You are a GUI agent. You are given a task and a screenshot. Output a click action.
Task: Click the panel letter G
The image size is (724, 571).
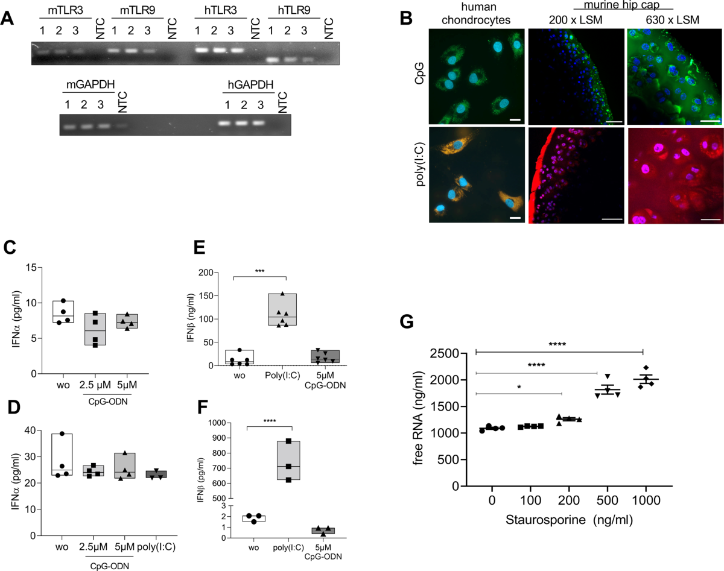click(407, 322)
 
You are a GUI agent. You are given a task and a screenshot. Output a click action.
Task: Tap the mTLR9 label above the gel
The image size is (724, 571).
click(138, 10)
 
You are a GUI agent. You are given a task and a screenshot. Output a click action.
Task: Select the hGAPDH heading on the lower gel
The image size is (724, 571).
click(250, 84)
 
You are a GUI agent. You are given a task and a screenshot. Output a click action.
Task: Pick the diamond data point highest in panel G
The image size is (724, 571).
click(646, 367)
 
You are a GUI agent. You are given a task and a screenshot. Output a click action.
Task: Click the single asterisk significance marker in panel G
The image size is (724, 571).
click(519, 387)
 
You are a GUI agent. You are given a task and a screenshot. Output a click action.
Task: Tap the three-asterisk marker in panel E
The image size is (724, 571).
click(259, 271)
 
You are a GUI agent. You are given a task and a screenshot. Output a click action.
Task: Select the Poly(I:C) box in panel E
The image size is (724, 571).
click(282, 309)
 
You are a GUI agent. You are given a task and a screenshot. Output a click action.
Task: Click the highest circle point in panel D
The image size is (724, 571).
click(62, 434)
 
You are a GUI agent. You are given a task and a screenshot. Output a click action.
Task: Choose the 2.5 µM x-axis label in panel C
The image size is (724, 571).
click(95, 385)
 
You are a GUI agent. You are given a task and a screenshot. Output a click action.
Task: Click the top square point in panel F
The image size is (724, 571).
click(288, 441)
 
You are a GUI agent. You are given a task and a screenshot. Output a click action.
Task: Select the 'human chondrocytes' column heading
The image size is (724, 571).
click(475, 14)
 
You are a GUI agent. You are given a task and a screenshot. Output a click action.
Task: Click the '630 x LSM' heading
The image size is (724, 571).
click(673, 20)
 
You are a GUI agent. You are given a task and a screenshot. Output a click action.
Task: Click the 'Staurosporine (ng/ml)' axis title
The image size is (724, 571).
click(569, 520)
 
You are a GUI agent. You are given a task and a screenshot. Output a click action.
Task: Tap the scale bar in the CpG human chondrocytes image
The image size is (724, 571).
click(515, 119)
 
